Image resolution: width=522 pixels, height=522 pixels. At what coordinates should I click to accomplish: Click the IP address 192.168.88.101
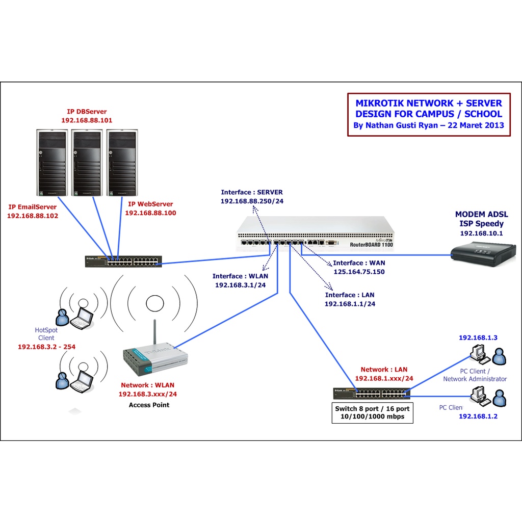click(87, 120)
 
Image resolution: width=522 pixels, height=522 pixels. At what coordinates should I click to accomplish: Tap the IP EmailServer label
click(32, 207)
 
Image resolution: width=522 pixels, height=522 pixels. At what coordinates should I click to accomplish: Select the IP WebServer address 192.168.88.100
click(150, 213)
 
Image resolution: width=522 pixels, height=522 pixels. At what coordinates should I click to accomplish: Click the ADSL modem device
click(483, 255)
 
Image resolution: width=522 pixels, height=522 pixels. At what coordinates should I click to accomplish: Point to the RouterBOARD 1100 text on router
click(371, 245)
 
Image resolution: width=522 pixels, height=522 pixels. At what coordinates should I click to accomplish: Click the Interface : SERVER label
click(252, 192)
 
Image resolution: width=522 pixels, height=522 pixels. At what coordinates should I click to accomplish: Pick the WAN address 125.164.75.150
click(359, 272)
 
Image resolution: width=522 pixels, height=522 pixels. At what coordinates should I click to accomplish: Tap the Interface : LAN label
click(350, 295)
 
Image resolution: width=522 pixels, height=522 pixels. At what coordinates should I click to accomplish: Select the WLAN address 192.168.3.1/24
click(241, 285)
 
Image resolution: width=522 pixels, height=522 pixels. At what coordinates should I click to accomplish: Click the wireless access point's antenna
click(155, 332)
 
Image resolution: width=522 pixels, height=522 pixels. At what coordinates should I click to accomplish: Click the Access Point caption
click(149, 405)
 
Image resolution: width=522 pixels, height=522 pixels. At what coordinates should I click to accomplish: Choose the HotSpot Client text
click(46, 334)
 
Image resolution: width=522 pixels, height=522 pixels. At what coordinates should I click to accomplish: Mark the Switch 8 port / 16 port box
click(373, 413)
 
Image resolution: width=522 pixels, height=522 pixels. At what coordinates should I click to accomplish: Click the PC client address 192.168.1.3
click(478, 337)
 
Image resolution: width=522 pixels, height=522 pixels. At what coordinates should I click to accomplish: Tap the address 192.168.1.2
click(478, 416)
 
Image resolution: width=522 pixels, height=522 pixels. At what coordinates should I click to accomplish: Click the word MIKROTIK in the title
click(379, 103)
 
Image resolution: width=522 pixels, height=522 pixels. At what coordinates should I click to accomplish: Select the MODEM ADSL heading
click(481, 214)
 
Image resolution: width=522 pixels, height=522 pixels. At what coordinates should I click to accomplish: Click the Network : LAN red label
click(384, 370)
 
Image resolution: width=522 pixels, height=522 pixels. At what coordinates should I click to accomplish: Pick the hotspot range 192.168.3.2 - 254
click(46, 347)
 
